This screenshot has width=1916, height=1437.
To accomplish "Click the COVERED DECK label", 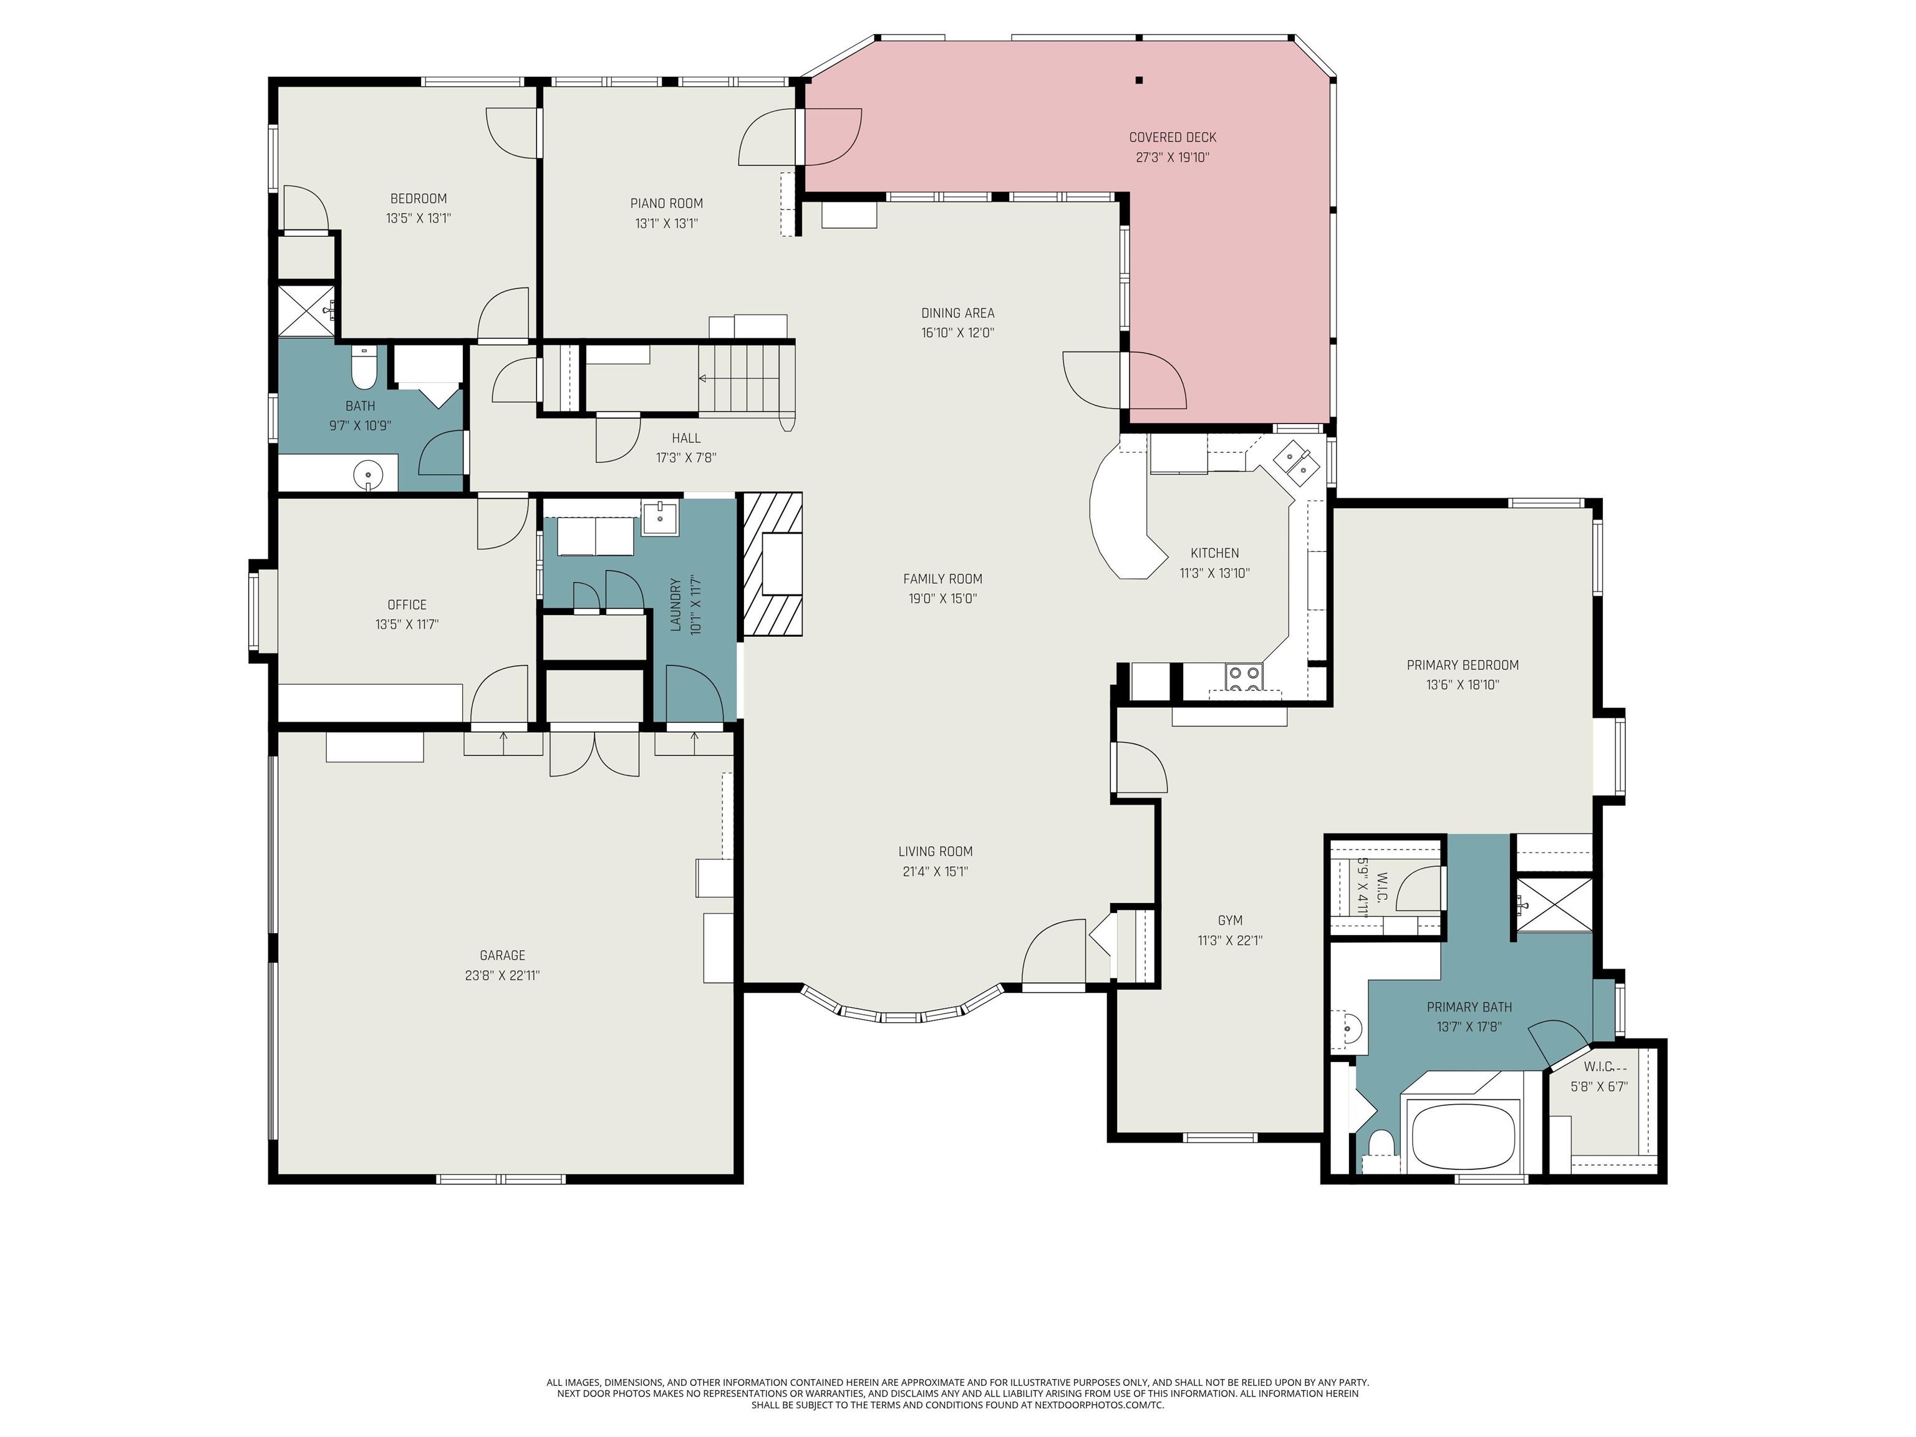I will tap(1172, 137).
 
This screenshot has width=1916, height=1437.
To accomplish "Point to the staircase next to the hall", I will tap(745, 379).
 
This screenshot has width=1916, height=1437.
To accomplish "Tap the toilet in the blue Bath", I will tap(364, 368).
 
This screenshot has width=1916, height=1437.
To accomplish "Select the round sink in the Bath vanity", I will tap(368, 475).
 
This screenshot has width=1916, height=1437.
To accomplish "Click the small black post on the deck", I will tap(1139, 80).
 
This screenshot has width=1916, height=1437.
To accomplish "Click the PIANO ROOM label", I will tap(666, 203).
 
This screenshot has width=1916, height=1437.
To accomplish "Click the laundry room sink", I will tap(659, 517).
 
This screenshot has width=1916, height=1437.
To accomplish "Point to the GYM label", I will tap(1230, 921).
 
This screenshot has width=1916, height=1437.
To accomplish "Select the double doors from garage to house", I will tap(595, 752).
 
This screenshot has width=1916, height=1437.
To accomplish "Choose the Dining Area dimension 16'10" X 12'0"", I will tap(957, 332).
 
